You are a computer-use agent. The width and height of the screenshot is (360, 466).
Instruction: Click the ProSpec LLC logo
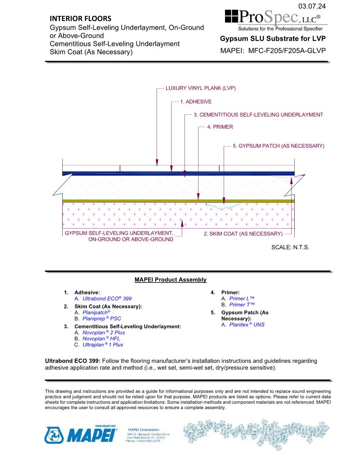[x=276, y=19]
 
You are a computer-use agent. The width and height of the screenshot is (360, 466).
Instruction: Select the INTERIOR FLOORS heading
[x=80, y=19]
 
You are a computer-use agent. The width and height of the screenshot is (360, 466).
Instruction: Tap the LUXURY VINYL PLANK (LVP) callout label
[x=201, y=88]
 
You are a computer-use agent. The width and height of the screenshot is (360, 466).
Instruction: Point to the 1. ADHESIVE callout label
[x=196, y=101]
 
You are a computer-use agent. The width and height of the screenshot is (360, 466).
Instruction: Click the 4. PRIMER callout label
[x=220, y=127]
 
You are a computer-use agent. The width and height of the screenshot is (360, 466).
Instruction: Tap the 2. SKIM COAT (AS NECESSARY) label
[x=243, y=234]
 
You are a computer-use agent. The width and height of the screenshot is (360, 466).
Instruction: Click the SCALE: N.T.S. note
[x=290, y=247]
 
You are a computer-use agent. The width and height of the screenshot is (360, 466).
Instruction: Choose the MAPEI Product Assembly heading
[x=170, y=280]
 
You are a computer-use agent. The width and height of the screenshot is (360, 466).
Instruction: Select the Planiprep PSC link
[x=101, y=318]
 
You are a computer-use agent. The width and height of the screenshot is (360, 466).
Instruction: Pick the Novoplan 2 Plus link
[x=104, y=332]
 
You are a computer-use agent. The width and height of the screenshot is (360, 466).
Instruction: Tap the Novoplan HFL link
[x=101, y=338]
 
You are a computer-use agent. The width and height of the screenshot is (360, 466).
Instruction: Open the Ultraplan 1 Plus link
[x=103, y=345]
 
